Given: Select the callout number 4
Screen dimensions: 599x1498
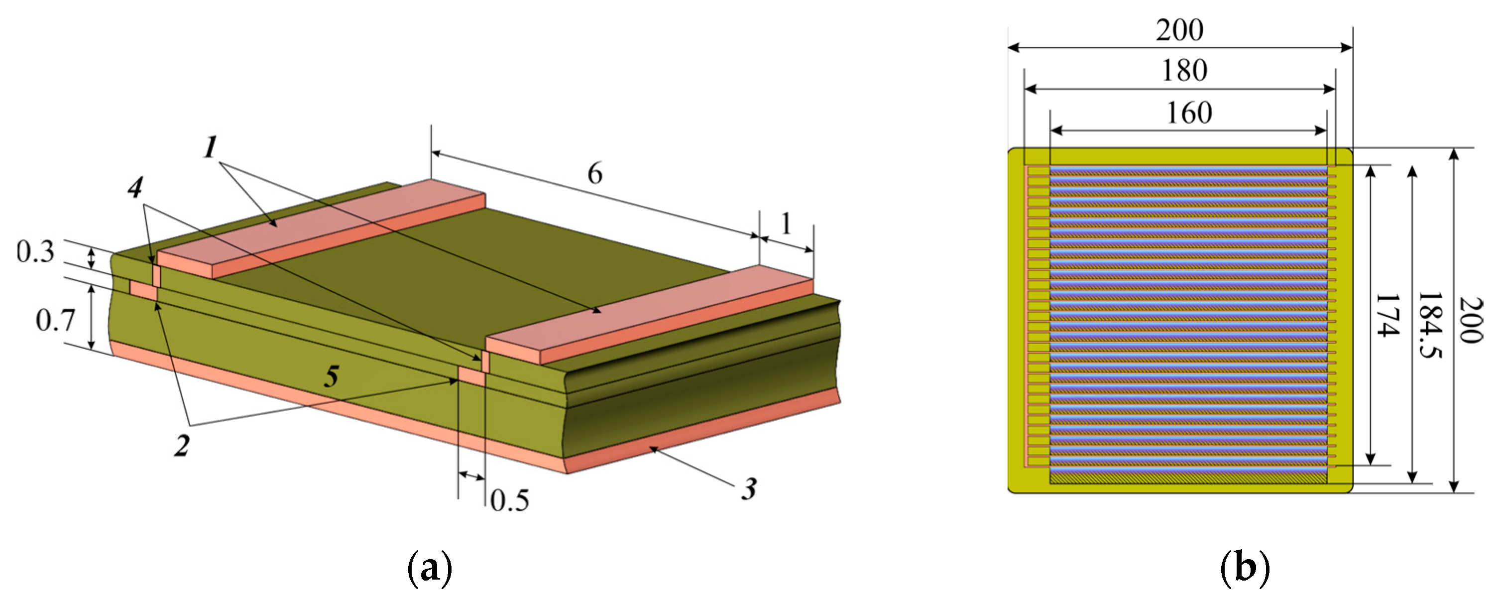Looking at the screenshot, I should [135, 187].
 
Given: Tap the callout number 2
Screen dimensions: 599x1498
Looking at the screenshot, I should [182, 446].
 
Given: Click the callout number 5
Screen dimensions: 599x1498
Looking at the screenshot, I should [332, 376].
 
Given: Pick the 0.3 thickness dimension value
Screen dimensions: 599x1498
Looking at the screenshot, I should [35, 252].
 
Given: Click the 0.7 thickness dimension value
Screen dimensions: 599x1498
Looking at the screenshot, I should [55, 321].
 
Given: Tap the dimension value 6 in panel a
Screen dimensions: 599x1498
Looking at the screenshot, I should [594, 173].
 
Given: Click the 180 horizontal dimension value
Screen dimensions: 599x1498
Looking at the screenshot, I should [1184, 71].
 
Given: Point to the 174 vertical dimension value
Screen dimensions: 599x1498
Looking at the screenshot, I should [1387, 315].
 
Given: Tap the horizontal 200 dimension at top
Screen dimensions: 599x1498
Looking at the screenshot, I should [1179, 30].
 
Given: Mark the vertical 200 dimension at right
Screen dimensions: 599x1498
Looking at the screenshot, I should [1470, 320].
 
